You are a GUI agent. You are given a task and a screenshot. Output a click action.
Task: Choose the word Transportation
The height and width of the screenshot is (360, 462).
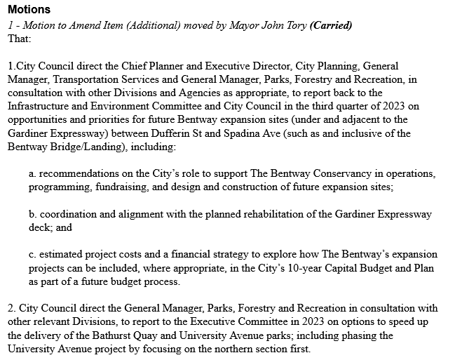click(86, 79)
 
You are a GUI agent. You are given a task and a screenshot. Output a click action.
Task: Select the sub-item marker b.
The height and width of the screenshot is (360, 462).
click(32, 214)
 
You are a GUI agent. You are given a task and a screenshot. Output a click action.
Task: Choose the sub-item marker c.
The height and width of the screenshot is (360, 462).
click(32, 255)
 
